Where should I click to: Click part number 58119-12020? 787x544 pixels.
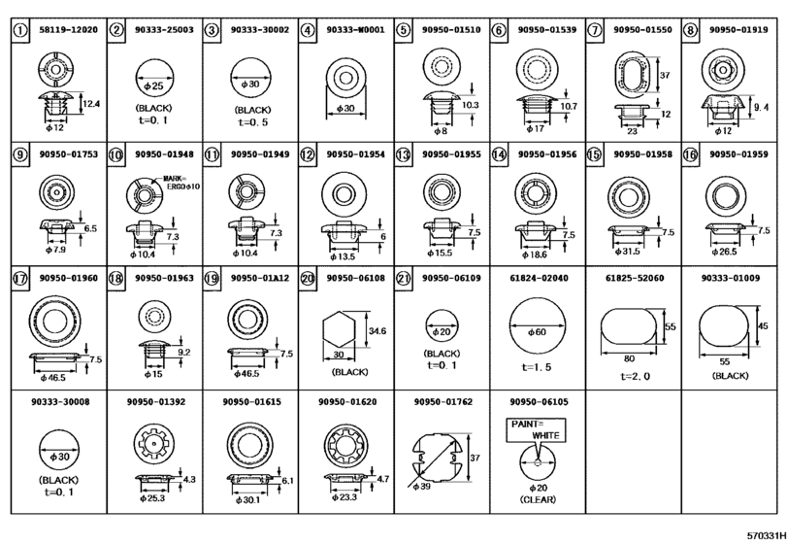click(68, 30)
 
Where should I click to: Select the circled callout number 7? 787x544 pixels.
click(594, 30)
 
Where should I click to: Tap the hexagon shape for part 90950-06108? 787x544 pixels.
click(339, 329)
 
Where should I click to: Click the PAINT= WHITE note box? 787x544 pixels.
click(536, 430)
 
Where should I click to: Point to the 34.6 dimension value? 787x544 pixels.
click(377, 331)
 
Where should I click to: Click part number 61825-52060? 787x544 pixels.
click(635, 278)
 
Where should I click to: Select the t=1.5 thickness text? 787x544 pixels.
click(536, 367)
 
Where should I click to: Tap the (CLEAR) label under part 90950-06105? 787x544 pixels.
click(538, 499)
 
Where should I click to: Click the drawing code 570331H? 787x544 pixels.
click(766, 535)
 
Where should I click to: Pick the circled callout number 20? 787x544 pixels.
click(308, 278)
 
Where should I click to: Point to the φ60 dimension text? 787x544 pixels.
click(537, 332)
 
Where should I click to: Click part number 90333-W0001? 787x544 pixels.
click(355, 30)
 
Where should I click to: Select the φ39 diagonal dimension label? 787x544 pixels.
click(421, 487)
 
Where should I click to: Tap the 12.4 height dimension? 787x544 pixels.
click(91, 104)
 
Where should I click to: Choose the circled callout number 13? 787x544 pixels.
click(403, 154)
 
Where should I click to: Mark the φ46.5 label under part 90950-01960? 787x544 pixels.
click(52, 377)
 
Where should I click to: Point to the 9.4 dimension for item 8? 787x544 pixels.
click(762, 107)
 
